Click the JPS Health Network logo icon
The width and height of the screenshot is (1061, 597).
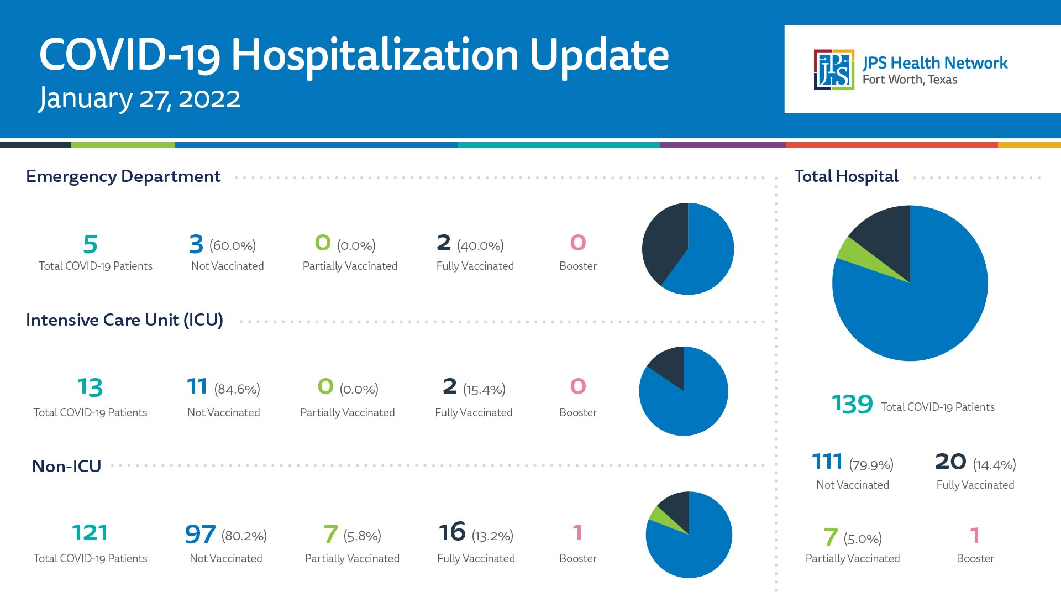pyautogui.click(x=834, y=70)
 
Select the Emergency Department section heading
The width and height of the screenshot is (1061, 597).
pyautogui.click(x=123, y=176)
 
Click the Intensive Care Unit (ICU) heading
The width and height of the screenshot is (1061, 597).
pyautogui.click(x=124, y=320)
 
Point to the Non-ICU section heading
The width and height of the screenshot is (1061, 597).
pyautogui.click(x=67, y=467)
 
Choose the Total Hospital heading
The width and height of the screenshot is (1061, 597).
pyautogui.click(x=847, y=176)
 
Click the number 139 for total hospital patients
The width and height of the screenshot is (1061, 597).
pyautogui.click(x=852, y=404)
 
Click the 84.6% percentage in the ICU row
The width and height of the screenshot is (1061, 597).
pyautogui.click(x=237, y=390)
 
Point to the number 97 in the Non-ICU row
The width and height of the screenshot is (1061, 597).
pyautogui.click(x=200, y=534)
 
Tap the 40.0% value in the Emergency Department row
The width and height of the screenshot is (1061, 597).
pyautogui.click(x=480, y=245)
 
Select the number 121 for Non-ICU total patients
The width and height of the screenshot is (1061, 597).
pyautogui.click(x=90, y=533)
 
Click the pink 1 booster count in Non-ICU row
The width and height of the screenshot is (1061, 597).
pyautogui.click(x=577, y=533)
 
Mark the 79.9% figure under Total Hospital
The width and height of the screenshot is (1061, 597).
pyautogui.click(x=871, y=465)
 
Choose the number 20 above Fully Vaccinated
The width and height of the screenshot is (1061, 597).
pyautogui.click(x=950, y=462)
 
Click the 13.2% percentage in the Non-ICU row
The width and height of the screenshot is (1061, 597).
pyautogui.click(x=492, y=536)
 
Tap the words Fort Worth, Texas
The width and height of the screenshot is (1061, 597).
pyautogui.click(x=910, y=80)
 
